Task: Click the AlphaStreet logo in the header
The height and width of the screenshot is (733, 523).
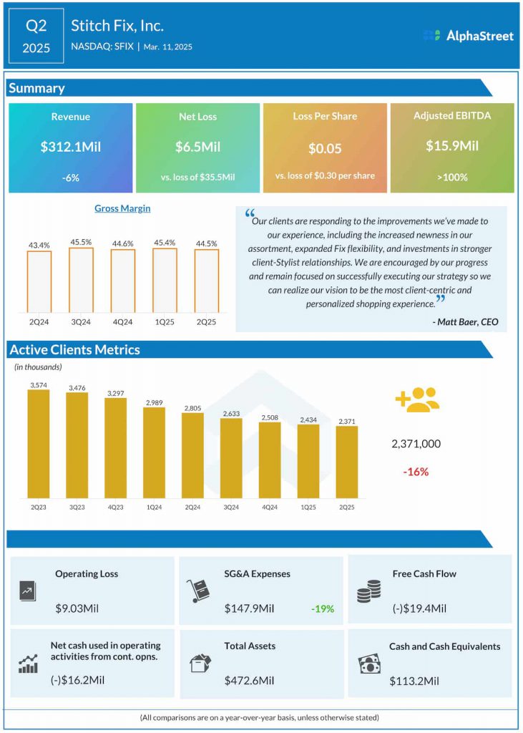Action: (468, 35)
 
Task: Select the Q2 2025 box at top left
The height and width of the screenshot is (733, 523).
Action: (36, 36)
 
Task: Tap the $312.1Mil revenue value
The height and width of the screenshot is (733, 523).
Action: (70, 147)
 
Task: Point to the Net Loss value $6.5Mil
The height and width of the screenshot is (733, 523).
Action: (197, 147)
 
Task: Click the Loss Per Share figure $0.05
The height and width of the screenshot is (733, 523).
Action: (325, 149)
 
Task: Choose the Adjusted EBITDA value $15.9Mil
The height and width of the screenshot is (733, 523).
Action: (451, 146)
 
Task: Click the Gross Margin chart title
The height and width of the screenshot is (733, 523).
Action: (122, 208)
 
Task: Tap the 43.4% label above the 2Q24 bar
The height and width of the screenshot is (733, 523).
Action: (39, 245)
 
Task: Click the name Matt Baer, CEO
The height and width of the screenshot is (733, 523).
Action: (465, 322)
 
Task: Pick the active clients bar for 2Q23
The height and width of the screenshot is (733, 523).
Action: (39, 444)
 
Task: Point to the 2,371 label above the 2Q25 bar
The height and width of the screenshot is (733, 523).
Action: (346, 422)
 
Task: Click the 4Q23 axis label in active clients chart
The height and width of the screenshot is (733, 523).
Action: (115, 507)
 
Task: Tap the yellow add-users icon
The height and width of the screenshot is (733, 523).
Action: (416, 399)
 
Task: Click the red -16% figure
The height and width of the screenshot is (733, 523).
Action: (416, 472)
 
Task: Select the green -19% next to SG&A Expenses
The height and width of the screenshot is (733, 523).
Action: (322, 609)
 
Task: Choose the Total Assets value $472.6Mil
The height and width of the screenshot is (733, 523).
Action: (249, 680)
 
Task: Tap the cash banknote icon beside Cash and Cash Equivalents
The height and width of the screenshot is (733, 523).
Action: (368, 664)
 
